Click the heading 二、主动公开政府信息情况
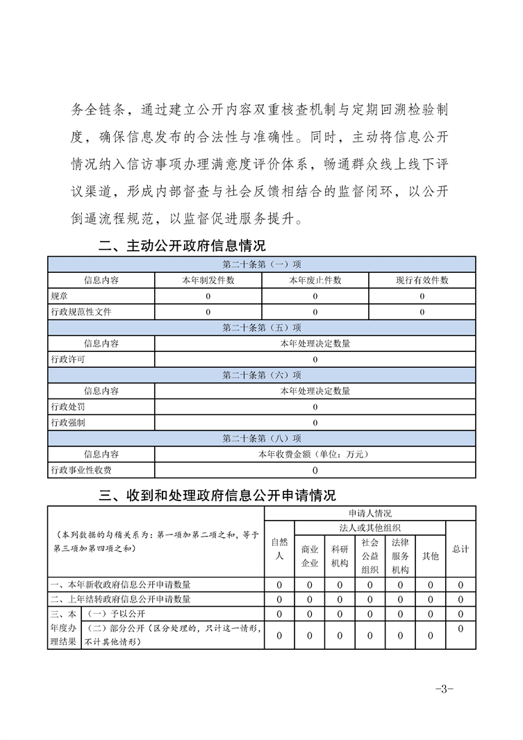coord(182,246)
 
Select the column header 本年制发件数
coord(208,280)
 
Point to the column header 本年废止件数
coord(315,280)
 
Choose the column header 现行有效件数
coord(422,280)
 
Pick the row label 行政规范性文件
coord(81,312)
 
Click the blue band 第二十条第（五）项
coord(262,328)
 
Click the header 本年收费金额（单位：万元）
coord(315,455)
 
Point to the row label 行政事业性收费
coord(81,470)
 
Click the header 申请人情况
coord(370,514)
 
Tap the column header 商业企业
coord(310,555)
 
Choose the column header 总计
coord(460,549)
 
